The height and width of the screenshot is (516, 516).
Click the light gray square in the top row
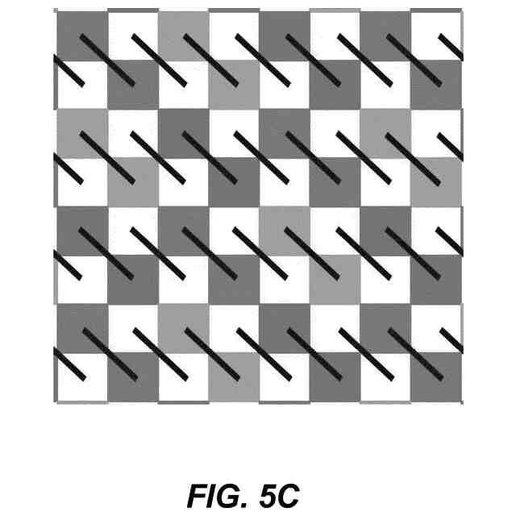183,34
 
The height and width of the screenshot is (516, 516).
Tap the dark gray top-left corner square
81,34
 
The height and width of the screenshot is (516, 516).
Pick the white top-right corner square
436,34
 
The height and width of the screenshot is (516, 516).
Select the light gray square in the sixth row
335,281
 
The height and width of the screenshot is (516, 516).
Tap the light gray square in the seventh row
183,329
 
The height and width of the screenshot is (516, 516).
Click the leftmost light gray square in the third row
81,133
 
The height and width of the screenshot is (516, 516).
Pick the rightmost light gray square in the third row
385,133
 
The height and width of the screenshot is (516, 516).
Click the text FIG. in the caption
210,494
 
